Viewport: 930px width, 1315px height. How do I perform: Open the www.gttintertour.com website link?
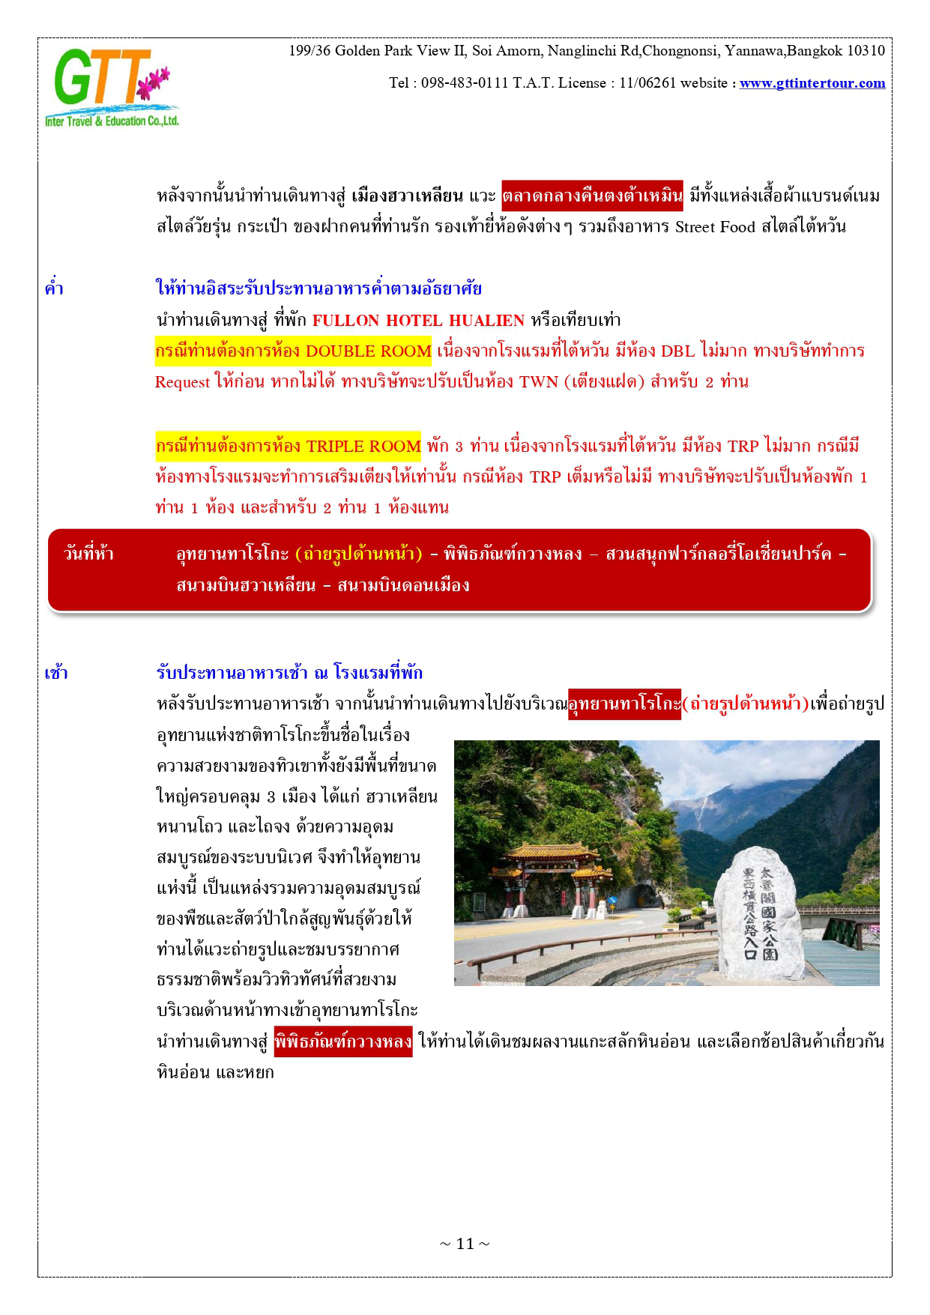[812, 83]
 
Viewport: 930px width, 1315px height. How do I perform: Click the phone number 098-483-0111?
[464, 83]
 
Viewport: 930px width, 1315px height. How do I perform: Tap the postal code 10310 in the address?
[866, 51]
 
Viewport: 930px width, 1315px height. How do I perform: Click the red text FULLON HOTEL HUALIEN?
[418, 321]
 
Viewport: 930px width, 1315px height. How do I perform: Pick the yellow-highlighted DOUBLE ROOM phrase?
[293, 351]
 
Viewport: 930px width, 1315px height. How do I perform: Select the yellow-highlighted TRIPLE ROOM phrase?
[289, 447]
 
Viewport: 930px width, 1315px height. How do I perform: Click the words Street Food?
[715, 227]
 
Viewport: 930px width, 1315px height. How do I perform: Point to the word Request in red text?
[182, 382]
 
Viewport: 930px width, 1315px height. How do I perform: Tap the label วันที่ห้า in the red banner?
[88, 554]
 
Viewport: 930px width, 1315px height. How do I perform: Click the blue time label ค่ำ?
[54, 289]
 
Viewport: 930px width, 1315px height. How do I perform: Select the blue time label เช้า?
[56, 673]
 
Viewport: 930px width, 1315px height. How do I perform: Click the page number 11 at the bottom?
[465, 1244]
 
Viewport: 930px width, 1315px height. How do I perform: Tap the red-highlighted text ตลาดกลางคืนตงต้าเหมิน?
[592, 196]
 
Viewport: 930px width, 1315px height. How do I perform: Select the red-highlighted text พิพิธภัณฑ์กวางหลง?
[343, 1042]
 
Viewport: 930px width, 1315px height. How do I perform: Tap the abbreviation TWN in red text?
[539, 382]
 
